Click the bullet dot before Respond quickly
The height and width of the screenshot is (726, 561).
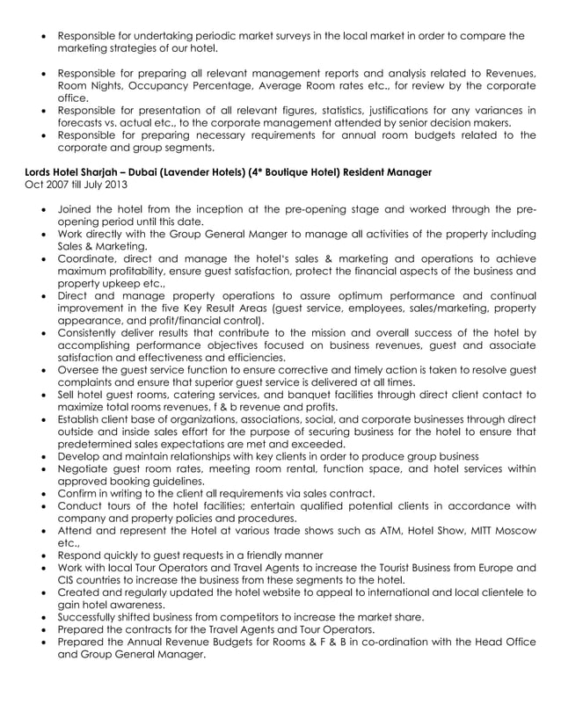pos(45,555)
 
